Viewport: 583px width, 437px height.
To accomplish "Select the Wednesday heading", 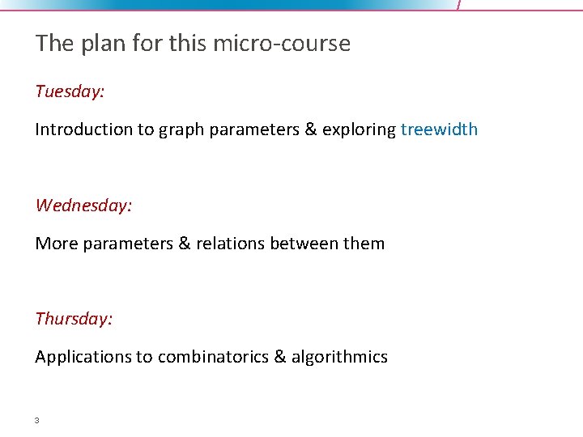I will pos(83,206).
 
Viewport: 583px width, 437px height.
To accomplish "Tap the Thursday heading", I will pos(74,319).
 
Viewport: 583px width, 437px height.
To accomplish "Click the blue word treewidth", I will pos(439,129).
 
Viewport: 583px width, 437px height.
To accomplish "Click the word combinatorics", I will pos(213,357).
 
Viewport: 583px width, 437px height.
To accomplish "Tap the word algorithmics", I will pos(339,357).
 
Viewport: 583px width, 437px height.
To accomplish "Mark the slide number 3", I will pos(37,421).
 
